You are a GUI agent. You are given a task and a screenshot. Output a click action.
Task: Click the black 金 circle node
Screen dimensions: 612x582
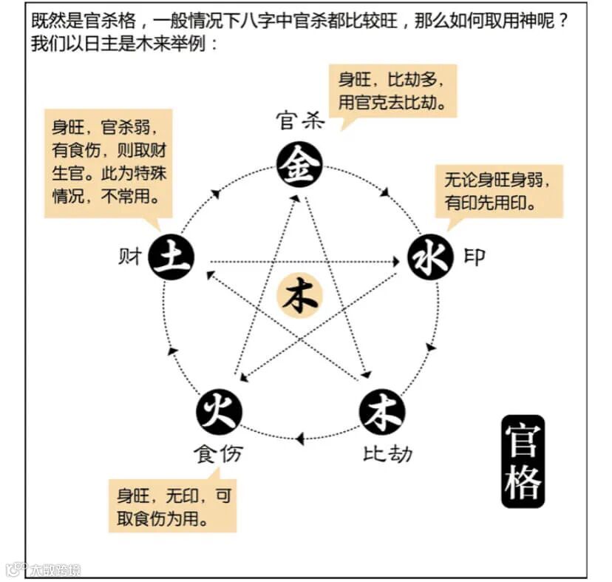click(x=299, y=165)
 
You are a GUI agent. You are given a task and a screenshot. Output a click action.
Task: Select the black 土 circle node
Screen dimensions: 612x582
click(x=171, y=257)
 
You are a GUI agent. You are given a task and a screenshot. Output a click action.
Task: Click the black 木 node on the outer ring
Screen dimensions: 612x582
click(x=382, y=411)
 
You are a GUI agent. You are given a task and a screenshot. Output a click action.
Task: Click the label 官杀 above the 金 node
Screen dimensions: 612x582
click(x=300, y=120)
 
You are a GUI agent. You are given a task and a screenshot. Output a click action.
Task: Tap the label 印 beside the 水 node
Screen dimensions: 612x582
click(x=475, y=257)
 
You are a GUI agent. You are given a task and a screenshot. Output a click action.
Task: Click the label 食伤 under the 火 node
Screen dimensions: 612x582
click(x=219, y=453)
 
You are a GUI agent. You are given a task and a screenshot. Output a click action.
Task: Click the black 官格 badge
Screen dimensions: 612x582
click(x=523, y=461)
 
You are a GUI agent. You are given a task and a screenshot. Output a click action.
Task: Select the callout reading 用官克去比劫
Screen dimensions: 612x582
click(x=393, y=90)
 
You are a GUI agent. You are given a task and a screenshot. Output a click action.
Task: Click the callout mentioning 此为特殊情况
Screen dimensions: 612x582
click(x=107, y=163)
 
